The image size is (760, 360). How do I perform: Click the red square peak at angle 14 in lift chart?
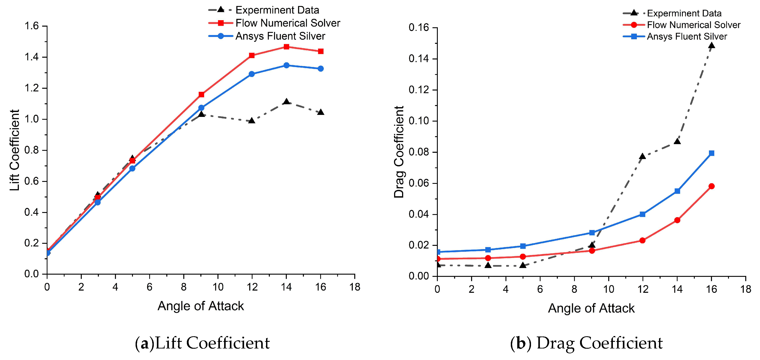click(286, 47)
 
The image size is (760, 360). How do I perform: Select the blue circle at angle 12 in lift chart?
click(252, 74)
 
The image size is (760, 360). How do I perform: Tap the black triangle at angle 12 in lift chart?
click(252, 121)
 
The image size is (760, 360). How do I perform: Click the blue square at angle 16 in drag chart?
click(711, 153)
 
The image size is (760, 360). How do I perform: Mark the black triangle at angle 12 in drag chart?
click(642, 156)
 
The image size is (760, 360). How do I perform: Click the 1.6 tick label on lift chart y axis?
click(32, 26)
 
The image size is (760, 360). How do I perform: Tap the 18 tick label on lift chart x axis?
click(355, 287)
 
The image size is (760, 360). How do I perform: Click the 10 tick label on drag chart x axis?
click(608, 289)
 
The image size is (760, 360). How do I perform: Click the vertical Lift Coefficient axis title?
click(14, 150)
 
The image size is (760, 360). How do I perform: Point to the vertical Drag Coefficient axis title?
click(399, 152)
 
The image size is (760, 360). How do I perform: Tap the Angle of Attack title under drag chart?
click(591, 308)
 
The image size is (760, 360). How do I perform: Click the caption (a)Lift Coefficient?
click(202, 343)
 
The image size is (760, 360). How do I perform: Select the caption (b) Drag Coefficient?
click(586, 343)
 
